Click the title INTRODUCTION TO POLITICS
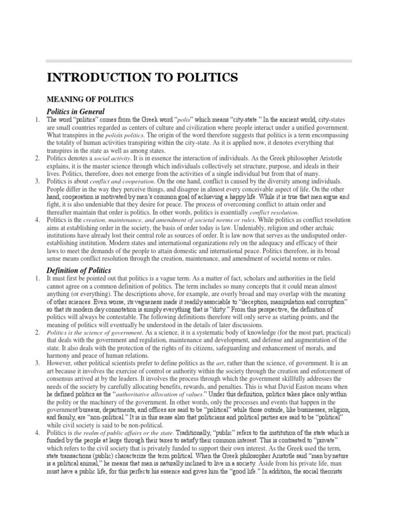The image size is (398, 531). click(x=143, y=78)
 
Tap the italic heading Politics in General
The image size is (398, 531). click(x=76, y=111)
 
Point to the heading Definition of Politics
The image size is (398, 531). click(x=78, y=271)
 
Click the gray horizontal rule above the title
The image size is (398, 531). click(x=200, y=61)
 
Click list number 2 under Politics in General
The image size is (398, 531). click(x=37, y=158)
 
